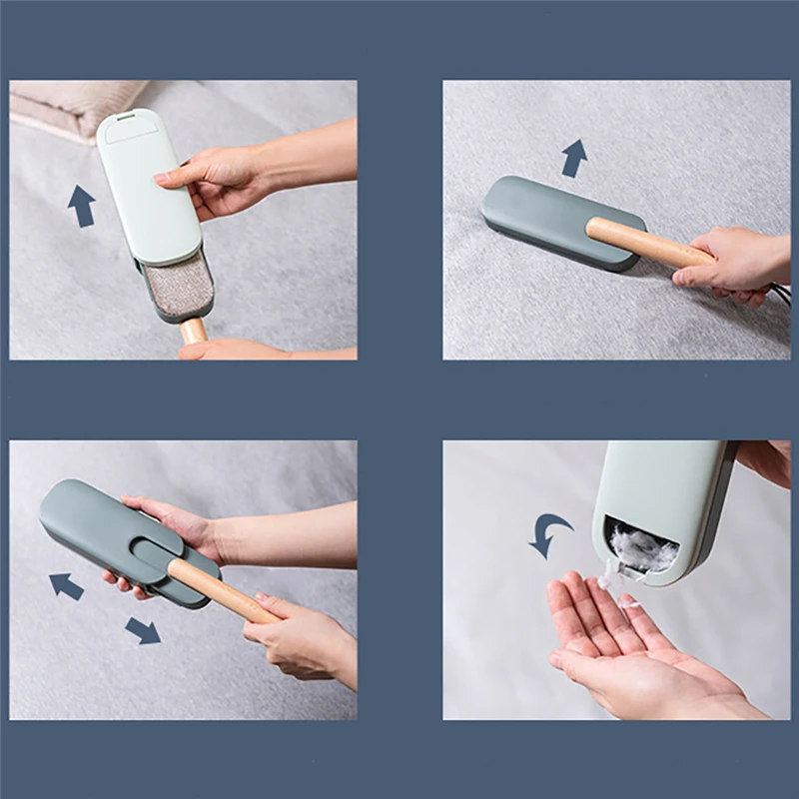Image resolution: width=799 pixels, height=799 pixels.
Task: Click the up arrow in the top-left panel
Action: coord(81,206)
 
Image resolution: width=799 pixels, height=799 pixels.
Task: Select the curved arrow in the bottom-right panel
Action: coord(548,534)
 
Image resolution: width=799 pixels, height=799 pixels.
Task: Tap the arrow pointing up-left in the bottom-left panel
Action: coord(67,585)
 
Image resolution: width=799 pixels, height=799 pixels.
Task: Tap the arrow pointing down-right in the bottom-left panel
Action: coord(143,630)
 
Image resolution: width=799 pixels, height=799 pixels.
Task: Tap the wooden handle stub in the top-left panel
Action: coord(194,329)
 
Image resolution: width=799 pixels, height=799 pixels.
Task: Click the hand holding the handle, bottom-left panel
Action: coord(300,639)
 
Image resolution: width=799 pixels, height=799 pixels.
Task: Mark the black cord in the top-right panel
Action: coord(776,294)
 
